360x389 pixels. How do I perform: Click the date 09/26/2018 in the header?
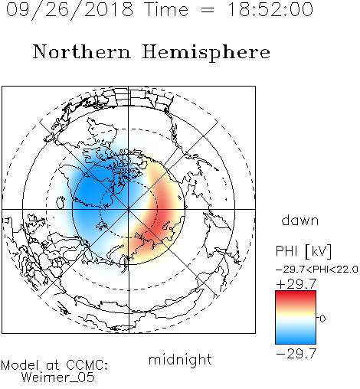70,10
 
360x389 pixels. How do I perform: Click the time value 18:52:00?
270,9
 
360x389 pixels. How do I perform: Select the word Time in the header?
166,9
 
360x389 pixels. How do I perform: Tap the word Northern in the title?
82,51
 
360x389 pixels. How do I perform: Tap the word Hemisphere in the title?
206,53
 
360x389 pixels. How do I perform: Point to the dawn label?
299,220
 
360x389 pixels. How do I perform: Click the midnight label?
180,359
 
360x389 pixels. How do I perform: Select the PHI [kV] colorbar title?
303,251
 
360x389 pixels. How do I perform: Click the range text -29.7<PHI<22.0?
317,269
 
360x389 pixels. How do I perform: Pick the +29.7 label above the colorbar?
296,284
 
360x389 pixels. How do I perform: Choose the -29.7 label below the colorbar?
296,354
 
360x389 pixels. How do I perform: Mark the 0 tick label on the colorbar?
322,319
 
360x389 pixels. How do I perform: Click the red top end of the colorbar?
296,293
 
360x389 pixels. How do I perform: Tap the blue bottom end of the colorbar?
296,341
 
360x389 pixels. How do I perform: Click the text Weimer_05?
58,378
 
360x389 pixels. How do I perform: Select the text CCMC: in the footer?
87,365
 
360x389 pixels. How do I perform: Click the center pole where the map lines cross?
129,209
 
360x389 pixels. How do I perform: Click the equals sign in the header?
208,11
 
